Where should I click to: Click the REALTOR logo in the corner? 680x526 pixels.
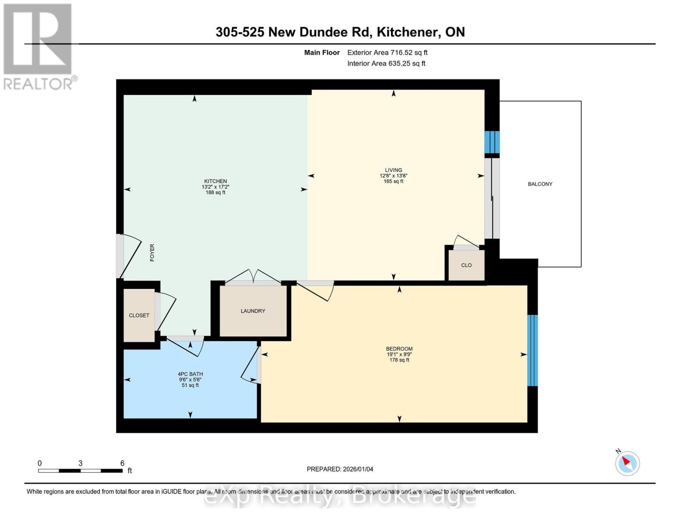[x=39, y=46]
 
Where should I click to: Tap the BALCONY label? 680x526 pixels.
[x=540, y=184]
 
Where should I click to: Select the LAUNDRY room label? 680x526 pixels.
[x=253, y=311]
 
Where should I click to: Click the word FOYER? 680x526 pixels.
[x=152, y=253]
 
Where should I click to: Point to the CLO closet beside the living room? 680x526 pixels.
[x=466, y=265]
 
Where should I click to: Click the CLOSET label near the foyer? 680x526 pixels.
[x=139, y=316]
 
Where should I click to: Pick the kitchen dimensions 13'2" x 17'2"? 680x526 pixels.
[x=215, y=187]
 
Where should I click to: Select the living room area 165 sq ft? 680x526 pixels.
[x=393, y=181]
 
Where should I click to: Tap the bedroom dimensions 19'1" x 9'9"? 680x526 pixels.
[x=399, y=355]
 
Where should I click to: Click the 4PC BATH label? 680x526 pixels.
[x=190, y=374]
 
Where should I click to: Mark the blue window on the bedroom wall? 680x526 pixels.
[x=532, y=350]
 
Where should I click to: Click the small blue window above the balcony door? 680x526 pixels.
[x=492, y=142]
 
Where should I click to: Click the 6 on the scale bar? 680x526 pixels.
[x=122, y=463]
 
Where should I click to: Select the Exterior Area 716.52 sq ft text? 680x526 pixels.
[x=387, y=53]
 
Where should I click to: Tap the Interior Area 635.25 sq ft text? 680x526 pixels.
[x=386, y=64]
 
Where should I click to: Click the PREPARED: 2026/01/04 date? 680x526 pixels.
[x=340, y=469]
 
